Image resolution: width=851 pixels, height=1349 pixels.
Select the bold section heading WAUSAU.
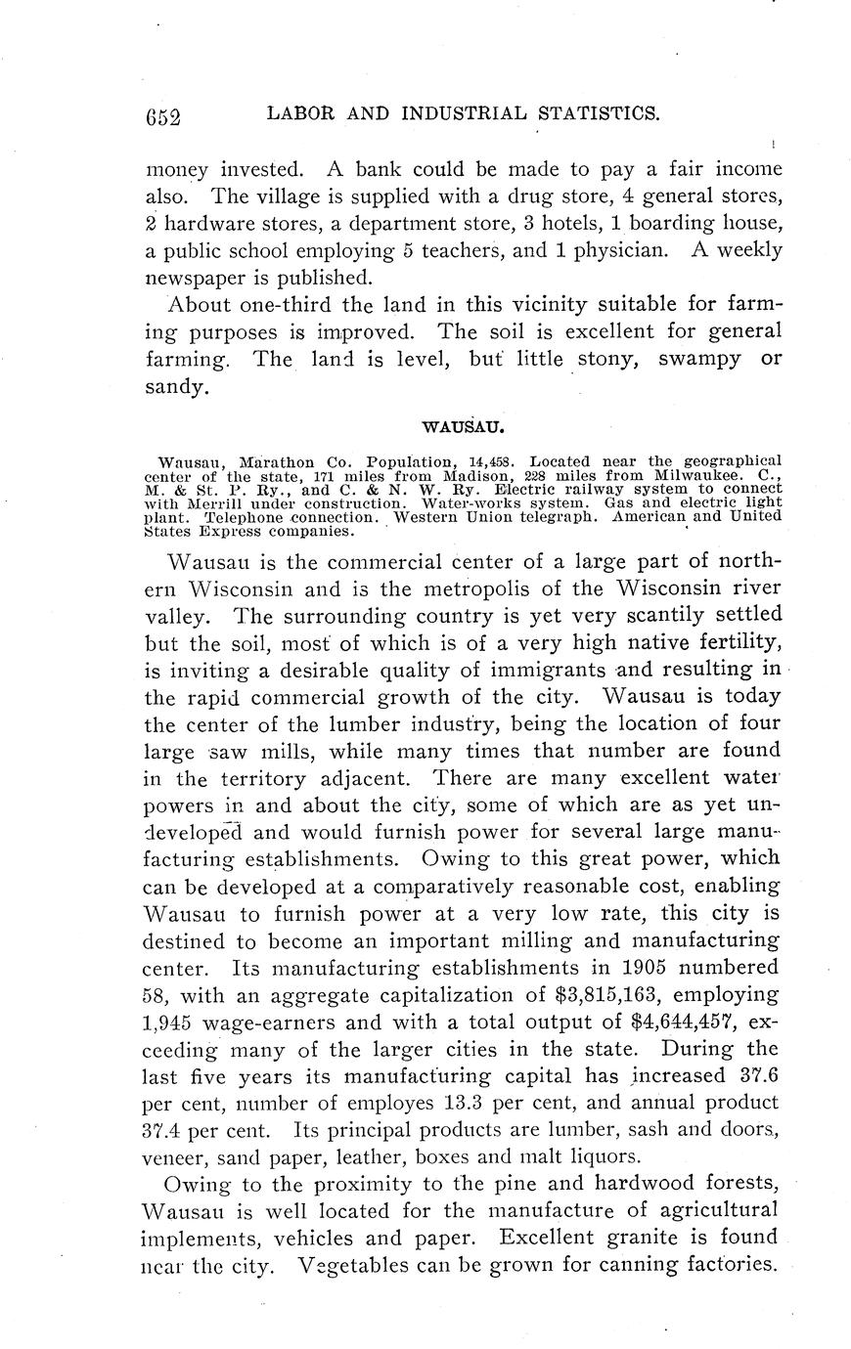[462, 427]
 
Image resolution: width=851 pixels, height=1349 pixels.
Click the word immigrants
[535, 671]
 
